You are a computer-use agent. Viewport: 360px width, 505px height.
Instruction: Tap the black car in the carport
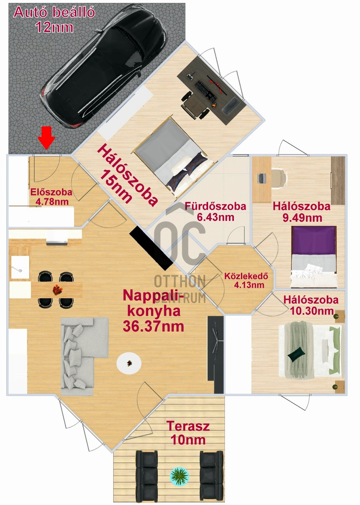[x=104, y=69]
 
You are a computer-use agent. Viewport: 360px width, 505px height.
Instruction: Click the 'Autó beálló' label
[x=54, y=12]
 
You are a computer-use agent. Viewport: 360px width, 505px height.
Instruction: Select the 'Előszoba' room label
[x=52, y=192]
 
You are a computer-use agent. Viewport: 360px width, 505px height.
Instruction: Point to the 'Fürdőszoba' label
[x=216, y=206]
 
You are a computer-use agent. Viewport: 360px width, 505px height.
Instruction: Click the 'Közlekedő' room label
[x=246, y=276]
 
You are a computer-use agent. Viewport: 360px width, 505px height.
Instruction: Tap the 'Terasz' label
[x=188, y=426]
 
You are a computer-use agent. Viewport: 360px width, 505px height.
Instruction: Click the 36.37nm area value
[x=154, y=326]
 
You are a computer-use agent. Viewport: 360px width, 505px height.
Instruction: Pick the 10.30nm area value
[x=312, y=311]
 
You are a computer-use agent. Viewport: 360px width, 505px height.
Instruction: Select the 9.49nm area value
[x=302, y=218]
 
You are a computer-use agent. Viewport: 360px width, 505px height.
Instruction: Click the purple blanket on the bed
[x=314, y=240]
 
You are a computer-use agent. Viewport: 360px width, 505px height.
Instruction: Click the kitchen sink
[x=20, y=267]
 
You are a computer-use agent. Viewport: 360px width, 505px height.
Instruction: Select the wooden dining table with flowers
[x=57, y=290]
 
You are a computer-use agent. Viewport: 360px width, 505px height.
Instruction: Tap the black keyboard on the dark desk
[x=206, y=90]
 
